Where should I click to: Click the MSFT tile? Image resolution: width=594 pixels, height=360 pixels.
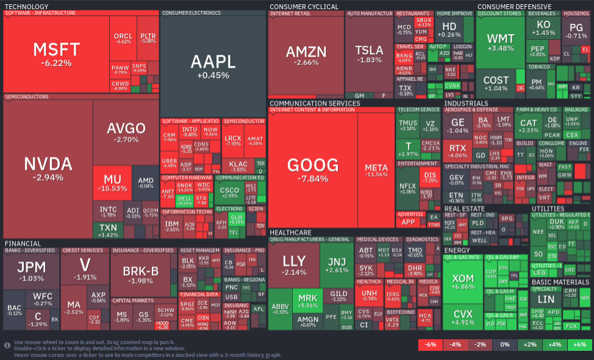tap(56, 54)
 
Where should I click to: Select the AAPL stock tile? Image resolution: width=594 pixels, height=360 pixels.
tap(212, 66)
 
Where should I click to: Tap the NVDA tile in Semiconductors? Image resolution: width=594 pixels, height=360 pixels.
tap(48, 168)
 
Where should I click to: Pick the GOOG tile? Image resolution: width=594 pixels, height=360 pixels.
tap(313, 170)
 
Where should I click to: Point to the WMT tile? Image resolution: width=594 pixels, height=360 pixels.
tap(500, 43)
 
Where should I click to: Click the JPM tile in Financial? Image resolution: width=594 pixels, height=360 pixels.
tap(31, 272)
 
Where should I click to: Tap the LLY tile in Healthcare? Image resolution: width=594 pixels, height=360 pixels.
tap(294, 265)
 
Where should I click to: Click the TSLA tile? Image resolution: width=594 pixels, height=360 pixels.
tap(369, 54)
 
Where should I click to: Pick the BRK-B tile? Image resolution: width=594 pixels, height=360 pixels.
tap(141, 275)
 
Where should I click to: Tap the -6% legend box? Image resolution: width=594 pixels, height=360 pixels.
tap(430, 345)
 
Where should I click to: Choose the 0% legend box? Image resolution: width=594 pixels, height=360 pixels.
tap(504, 345)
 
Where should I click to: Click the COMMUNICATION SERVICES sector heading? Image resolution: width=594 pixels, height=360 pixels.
tap(315, 104)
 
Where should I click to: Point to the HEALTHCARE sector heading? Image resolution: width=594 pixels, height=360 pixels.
tap(290, 232)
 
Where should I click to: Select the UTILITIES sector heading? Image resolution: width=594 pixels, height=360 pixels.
tap(548, 209)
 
